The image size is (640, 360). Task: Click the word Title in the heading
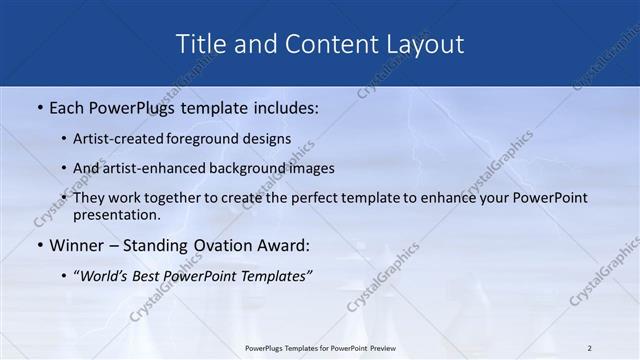coord(200,44)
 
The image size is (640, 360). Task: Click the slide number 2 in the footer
coord(590,348)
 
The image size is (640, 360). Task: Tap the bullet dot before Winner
coord(40,245)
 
